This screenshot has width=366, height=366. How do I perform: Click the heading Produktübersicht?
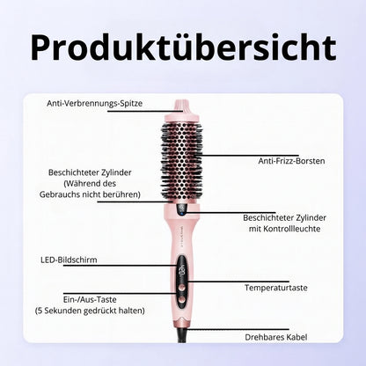point(183,48)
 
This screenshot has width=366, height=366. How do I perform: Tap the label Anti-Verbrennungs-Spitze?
point(95,103)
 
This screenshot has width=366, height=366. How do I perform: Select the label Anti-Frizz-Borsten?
point(291,161)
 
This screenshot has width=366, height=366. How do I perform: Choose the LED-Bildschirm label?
point(69,260)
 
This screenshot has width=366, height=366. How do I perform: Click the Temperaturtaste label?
point(276,288)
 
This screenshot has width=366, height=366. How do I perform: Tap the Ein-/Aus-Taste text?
point(90,300)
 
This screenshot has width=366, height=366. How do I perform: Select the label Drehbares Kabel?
point(276,337)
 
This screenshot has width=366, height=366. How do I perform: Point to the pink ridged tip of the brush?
point(182,106)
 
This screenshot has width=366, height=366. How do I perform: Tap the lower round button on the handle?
point(182,300)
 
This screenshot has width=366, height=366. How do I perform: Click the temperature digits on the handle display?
point(182,269)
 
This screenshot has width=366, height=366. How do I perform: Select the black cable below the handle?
point(182,335)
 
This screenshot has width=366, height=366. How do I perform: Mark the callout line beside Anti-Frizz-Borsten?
point(250,156)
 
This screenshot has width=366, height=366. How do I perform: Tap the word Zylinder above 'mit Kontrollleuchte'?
point(311,218)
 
